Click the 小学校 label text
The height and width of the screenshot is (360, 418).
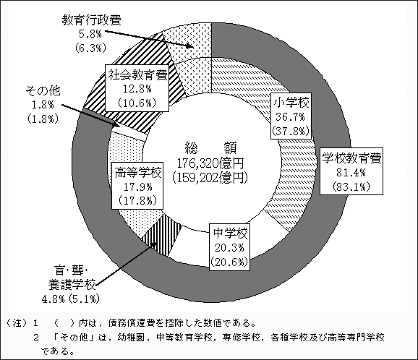[291, 103]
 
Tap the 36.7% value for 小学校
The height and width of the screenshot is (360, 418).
[290, 116]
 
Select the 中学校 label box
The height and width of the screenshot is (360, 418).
[229, 247]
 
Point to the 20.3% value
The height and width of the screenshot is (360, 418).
[229, 248]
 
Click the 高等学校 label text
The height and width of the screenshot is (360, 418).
[138, 173]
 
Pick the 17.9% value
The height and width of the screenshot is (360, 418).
[137, 187]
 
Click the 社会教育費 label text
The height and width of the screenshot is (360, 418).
[137, 75]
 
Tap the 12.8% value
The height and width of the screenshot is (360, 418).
[137, 89]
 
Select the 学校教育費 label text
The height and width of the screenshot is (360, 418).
[351, 158]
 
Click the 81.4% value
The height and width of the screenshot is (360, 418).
[351, 173]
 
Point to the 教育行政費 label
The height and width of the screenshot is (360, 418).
[91, 20]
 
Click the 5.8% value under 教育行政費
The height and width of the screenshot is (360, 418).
[90, 34]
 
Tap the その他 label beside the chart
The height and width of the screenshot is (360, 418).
[43, 91]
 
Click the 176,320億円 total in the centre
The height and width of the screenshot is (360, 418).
[210, 163]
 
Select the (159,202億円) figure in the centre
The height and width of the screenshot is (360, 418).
[210, 178]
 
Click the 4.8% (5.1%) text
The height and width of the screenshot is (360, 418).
[71, 299]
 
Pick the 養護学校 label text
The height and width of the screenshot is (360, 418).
[72, 285]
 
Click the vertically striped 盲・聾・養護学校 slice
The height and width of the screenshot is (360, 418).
[162, 234]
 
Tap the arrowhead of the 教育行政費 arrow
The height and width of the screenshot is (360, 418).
[189, 46]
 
